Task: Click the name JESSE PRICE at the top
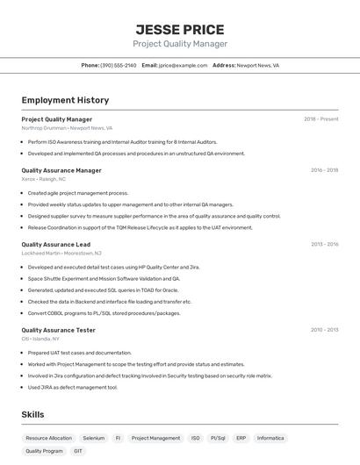click(180, 29)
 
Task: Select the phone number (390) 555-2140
click(119, 65)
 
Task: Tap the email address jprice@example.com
click(183, 65)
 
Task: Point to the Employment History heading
click(65, 100)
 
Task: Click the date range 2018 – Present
click(320, 118)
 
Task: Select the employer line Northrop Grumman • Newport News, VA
click(68, 128)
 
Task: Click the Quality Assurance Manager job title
click(61, 170)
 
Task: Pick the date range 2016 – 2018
click(324, 170)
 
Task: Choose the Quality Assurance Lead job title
click(55, 244)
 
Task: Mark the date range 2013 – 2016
click(324, 244)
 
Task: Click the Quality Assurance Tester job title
click(58, 330)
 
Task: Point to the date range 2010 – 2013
click(324, 330)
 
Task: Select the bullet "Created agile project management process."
click(78, 193)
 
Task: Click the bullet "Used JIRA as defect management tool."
click(72, 387)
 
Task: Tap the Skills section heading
click(33, 414)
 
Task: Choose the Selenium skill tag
click(93, 438)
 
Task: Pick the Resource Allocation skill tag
click(48, 438)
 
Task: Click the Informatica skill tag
click(270, 438)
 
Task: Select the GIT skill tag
click(78, 451)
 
